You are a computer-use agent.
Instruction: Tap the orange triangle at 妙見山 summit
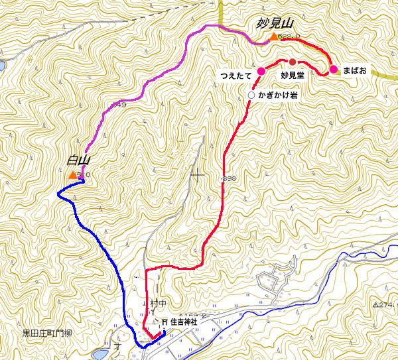coord(273,37)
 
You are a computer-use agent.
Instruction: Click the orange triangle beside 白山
coord(72,175)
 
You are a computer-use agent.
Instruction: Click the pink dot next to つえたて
coord(261,71)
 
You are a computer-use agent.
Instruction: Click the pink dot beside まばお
coord(333,69)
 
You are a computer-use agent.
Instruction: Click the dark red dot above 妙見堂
coord(293,62)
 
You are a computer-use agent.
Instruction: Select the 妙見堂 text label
coord(293,76)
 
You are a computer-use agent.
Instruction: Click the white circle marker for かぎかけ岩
coord(251,95)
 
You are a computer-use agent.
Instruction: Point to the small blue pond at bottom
coord(100,355)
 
